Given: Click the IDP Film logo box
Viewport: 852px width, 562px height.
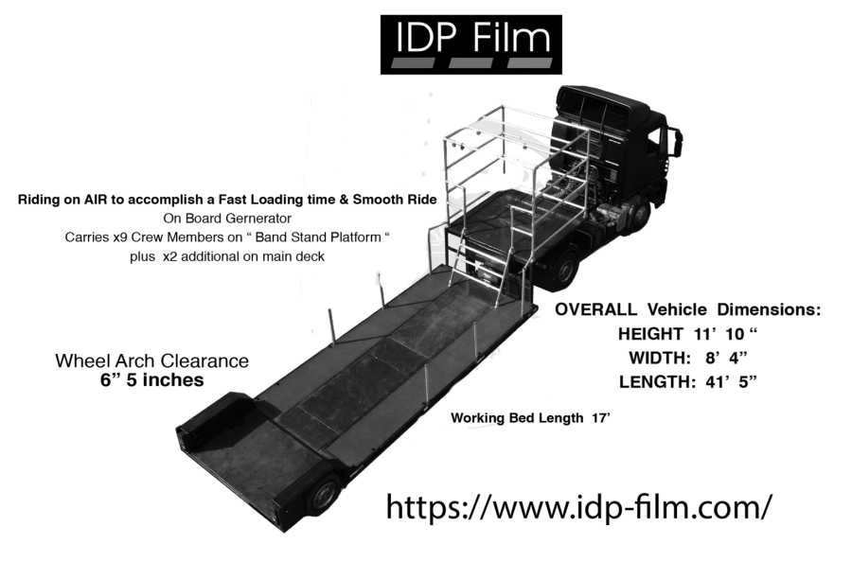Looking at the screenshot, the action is pyautogui.click(x=471, y=44).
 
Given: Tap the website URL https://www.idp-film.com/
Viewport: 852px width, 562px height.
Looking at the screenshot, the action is pyautogui.click(x=578, y=506).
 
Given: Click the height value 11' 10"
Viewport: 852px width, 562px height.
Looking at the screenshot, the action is pyautogui.click(x=725, y=333).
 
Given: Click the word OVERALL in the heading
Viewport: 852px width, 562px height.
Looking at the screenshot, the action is pyautogui.click(x=595, y=309).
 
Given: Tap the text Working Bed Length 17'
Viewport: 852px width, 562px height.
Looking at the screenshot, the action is pyautogui.click(x=530, y=418).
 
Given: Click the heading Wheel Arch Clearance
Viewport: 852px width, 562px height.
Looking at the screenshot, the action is pyautogui.click(x=151, y=360).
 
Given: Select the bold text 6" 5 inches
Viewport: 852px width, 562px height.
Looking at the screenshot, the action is pyautogui.click(x=151, y=380).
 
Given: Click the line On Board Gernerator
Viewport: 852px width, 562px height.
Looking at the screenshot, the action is pyautogui.click(x=227, y=219).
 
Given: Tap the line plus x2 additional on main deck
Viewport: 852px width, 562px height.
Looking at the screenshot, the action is pyautogui.click(x=226, y=256).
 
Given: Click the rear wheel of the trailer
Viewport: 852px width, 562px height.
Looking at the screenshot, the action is pyautogui.click(x=324, y=497).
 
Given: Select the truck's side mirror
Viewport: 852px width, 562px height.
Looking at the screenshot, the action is pyautogui.click(x=677, y=141).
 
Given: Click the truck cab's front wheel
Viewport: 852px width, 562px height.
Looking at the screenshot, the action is pyautogui.click(x=640, y=217).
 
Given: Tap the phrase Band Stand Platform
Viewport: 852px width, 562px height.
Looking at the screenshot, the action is pyautogui.click(x=318, y=237).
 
